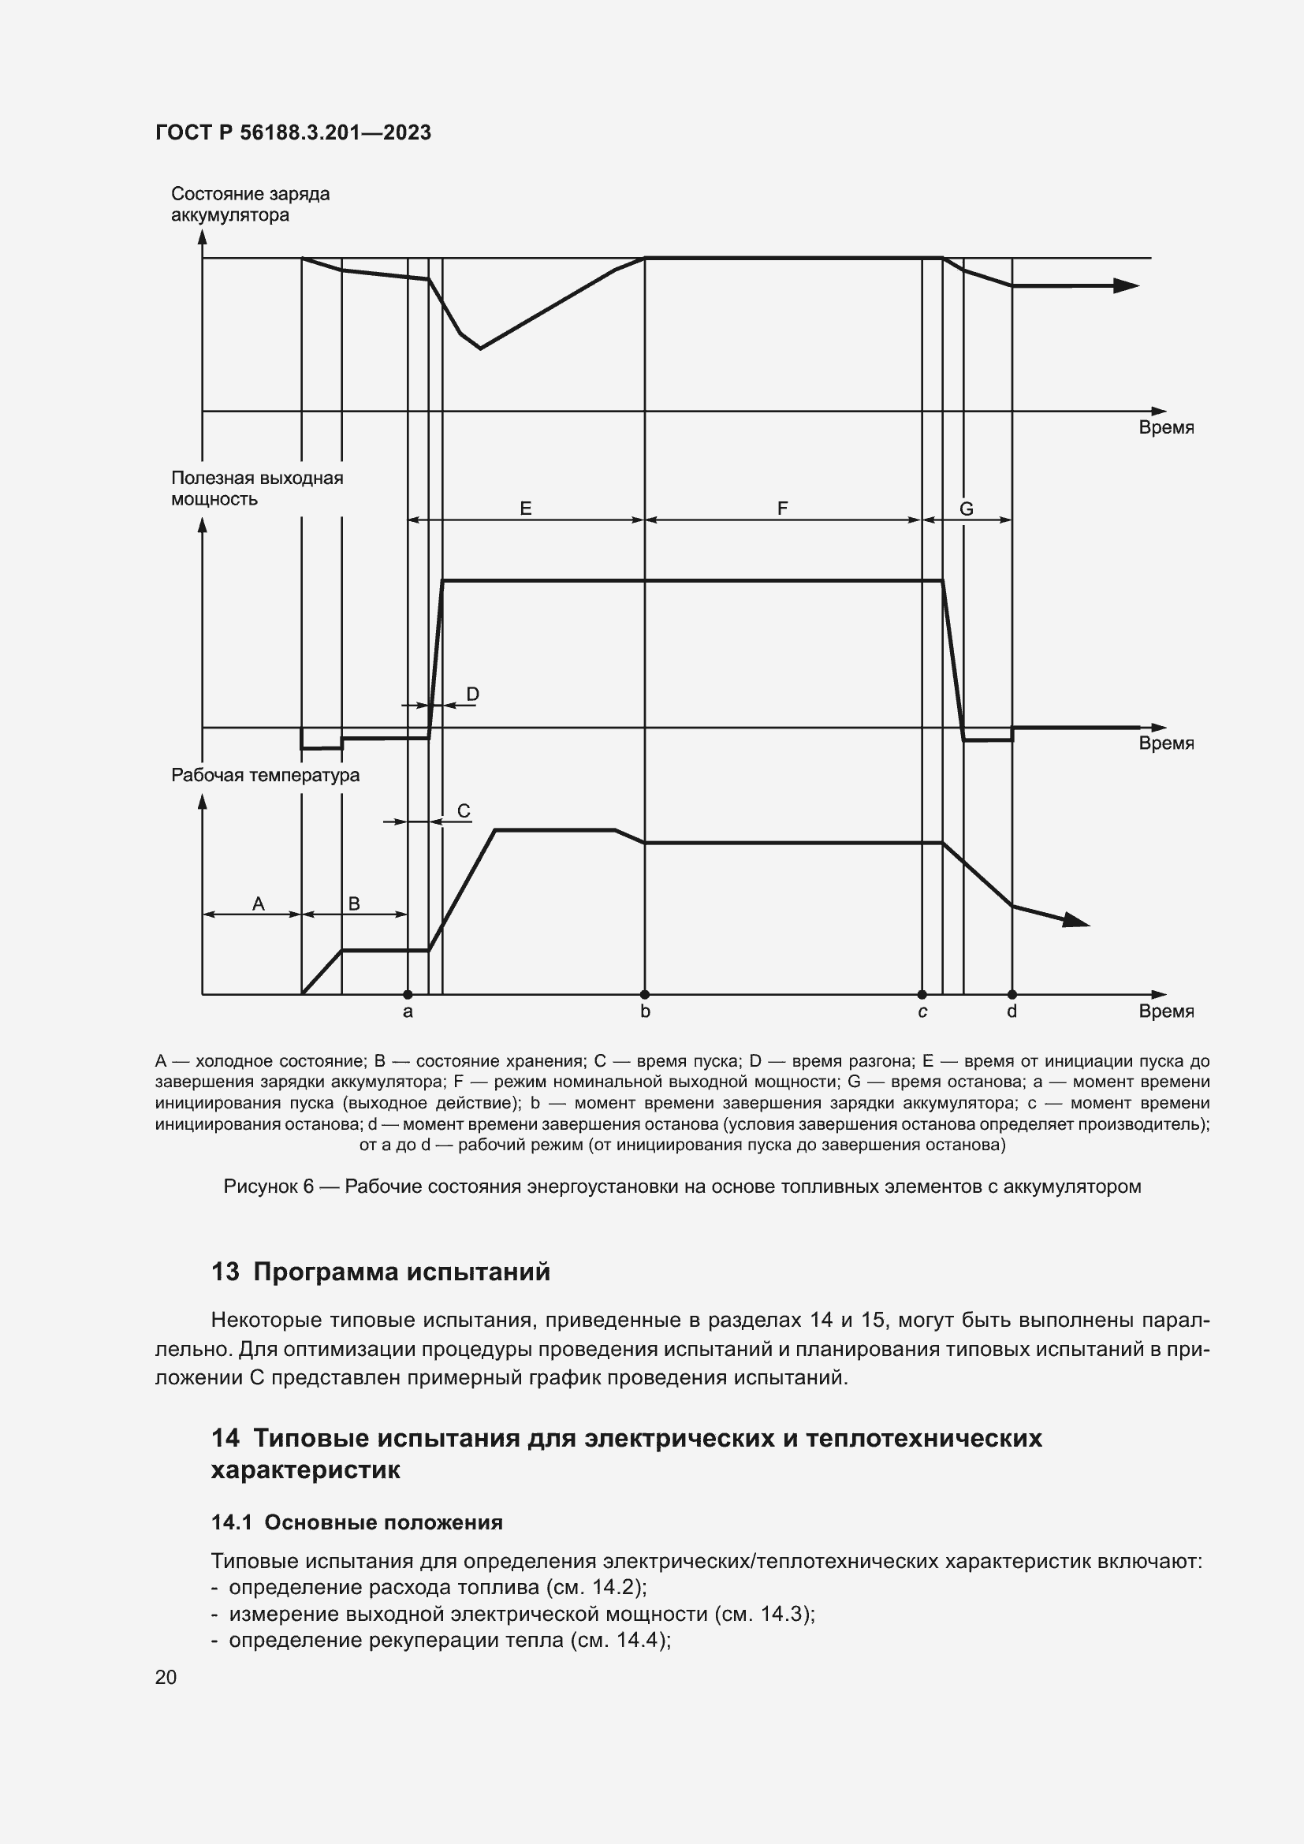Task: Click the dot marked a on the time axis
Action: point(408,994)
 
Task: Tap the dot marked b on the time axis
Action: point(645,994)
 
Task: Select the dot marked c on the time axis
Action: point(922,994)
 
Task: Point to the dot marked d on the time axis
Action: point(1012,994)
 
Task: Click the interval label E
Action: point(526,508)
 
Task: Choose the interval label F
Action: point(783,508)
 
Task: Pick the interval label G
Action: point(967,509)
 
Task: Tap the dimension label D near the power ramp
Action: point(473,694)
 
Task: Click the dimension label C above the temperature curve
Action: point(464,811)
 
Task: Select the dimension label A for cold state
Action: point(259,904)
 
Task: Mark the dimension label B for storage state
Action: point(354,904)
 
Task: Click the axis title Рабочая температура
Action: point(265,775)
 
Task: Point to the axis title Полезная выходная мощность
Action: point(257,488)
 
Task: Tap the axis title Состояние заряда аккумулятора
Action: point(250,204)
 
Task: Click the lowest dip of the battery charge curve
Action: point(480,348)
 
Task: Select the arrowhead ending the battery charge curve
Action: point(1127,285)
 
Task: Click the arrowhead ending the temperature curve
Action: point(1077,920)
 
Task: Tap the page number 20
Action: point(166,1677)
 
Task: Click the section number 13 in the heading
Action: point(225,1272)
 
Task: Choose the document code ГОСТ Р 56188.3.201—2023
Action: point(293,132)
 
